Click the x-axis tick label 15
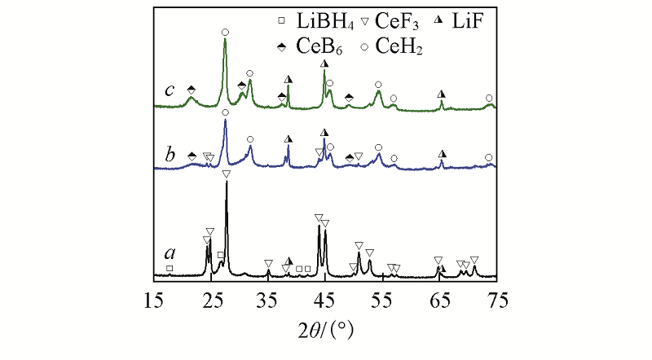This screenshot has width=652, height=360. click(x=154, y=301)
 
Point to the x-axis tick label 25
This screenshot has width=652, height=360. click(x=211, y=301)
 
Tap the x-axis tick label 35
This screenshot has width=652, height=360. click(x=268, y=301)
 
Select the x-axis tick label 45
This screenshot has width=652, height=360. click(x=325, y=301)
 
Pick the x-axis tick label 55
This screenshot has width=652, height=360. click(x=382, y=301)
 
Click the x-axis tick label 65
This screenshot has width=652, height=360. click(x=439, y=301)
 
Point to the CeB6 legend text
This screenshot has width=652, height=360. click(x=314, y=48)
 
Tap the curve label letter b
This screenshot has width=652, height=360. click(x=170, y=153)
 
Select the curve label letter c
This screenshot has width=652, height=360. click(x=170, y=90)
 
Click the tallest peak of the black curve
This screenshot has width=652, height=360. click(x=226, y=182)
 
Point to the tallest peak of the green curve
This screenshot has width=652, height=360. click(x=225, y=40)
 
